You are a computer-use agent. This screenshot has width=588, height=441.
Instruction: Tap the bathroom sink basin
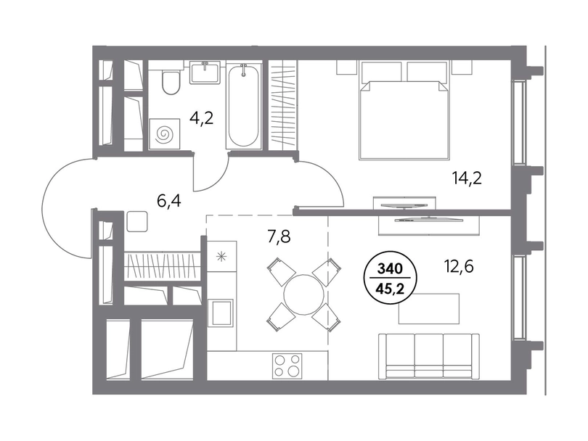(x=205, y=73)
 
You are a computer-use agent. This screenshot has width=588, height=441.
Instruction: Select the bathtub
(x=243, y=106)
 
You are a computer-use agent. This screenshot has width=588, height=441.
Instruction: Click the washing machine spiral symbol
(x=164, y=133)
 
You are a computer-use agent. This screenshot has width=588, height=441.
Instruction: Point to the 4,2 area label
(x=201, y=118)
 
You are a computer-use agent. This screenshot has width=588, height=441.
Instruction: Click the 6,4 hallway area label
(x=169, y=202)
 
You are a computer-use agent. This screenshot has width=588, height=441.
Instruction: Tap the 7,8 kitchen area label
(x=279, y=236)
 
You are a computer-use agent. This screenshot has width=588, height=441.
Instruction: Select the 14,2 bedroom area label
(x=467, y=178)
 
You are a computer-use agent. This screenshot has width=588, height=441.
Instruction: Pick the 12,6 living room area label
(x=459, y=267)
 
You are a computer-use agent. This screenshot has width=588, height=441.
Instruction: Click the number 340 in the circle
(x=390, y=268)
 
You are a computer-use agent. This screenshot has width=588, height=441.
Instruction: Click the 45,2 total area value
(x=390, y=289)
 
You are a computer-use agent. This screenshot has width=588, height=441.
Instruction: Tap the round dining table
(x=303, y=295)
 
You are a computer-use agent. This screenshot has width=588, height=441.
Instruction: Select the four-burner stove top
(x=287, y=366)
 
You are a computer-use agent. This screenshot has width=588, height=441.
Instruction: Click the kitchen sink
(x=222, y=312)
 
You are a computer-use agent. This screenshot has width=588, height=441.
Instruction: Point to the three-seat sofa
(x=428, y=355)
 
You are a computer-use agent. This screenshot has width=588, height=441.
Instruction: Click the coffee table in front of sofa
(x=429, y=309)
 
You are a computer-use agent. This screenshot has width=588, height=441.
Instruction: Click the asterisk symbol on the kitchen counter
(x=221, y=257)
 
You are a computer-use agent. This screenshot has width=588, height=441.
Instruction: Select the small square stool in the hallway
(x=137, y=221)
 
